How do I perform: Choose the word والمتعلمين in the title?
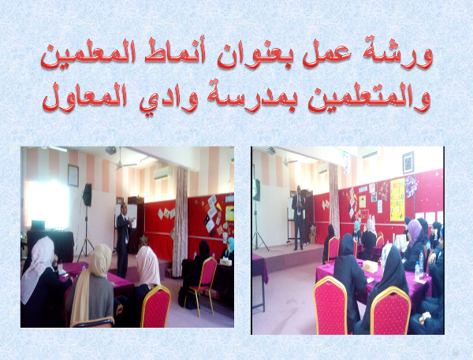[x=369, y=97]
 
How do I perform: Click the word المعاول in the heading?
[x=84, y=97]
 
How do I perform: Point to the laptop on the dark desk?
[x=38, y=225]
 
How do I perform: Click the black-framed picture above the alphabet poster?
[x=408, y=162]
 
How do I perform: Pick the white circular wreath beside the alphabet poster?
[x=411, y=187]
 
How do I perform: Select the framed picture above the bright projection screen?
[x=73, y=176]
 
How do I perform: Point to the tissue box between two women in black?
[x=371, y=266]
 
